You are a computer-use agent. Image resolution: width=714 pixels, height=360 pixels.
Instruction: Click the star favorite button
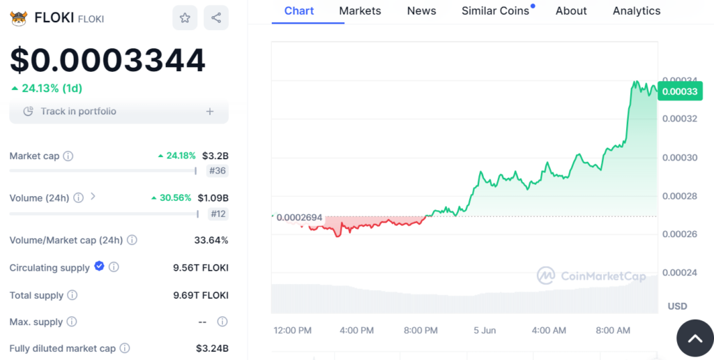click(185, 18)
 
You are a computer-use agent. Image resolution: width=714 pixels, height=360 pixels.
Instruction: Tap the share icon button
click(216, 18)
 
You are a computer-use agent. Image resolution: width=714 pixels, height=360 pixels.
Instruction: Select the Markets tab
click(360, 11)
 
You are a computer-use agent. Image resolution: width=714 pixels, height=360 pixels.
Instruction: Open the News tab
click(421, 11)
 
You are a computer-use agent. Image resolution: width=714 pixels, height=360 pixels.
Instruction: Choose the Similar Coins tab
click(496, 11)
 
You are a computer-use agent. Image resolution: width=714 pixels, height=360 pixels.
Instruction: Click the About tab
click(571, 11)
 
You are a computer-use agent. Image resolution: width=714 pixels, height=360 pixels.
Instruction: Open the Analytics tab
click(637, 11)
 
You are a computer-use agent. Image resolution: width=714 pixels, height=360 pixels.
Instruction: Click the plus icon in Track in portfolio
click(210, 112)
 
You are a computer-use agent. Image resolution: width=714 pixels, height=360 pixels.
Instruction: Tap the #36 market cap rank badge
click(218, 170)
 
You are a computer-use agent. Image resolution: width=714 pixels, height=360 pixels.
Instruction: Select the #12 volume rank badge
click(218, 213)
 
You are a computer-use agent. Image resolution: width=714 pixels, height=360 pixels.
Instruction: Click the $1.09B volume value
click(213, 197)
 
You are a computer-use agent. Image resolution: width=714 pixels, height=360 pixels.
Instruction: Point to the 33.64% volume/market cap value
click(211, 240)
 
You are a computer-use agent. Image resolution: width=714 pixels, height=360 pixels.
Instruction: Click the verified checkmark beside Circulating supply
click(99, 266)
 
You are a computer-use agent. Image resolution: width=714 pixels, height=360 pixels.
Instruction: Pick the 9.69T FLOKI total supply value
click(201, 295)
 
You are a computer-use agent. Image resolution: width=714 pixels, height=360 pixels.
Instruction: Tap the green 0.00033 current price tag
click(679, 91)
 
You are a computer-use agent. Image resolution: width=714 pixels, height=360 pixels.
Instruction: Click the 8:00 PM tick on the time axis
click(420, 330)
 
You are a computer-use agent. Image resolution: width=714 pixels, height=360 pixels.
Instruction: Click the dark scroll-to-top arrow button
click(694, 339)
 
